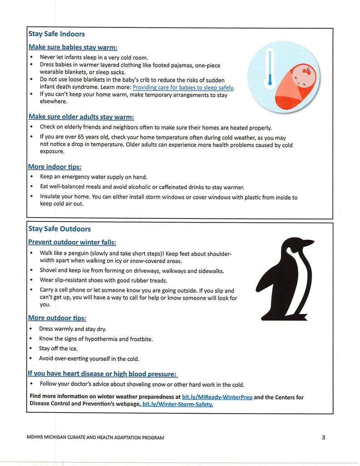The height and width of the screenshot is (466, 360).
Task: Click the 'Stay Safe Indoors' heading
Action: click(x=56, y=34)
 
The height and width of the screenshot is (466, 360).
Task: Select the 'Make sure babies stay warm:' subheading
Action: click(x=73, y=47)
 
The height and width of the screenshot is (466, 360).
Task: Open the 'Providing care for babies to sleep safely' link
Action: click(x=183, y=87)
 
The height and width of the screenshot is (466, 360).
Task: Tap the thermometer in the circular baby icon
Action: click(x=270, y=69)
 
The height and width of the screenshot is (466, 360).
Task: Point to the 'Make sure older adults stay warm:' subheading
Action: click(x=81, y=117)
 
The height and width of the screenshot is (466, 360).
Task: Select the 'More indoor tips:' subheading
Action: click(x=55, y=167)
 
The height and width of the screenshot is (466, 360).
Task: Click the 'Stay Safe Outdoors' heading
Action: click(x=59, y=229)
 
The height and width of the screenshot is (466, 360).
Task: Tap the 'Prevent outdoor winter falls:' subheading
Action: click(x=72, y=242)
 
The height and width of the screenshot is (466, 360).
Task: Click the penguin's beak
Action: click(x=307, y=242)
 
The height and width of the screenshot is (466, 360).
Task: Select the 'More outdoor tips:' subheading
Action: click(x=57, y=318)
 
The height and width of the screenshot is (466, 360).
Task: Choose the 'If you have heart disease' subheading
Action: click(x=102, y=374)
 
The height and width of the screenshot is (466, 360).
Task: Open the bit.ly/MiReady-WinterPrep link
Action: click(x=217, y=397)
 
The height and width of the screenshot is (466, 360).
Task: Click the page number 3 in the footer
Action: click(x=323, y=437)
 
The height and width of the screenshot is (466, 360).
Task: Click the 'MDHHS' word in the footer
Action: click(x=35, y=438)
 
